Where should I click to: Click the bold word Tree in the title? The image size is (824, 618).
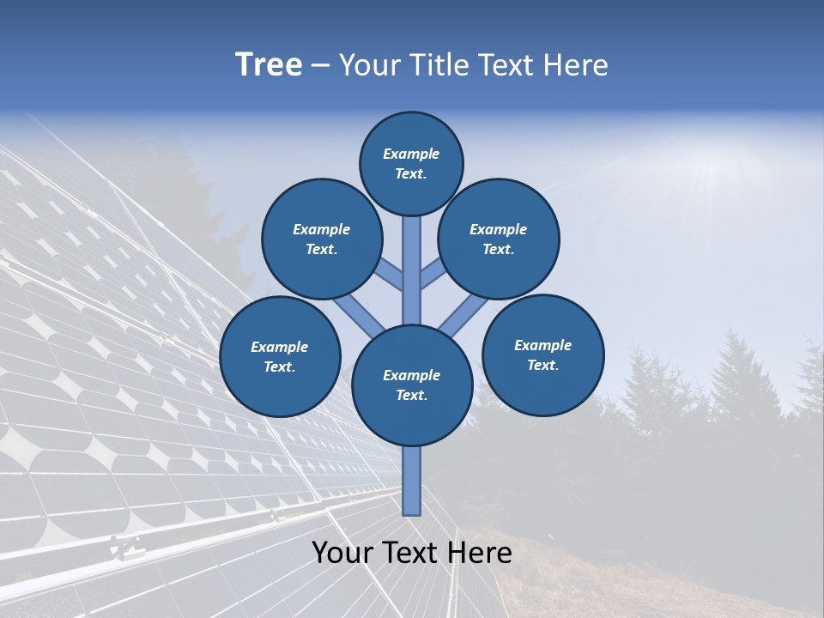[x=269, y=65]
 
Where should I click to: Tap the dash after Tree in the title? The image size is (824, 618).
[x=320, y=66]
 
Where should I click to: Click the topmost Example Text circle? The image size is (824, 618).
[x=411, y=163]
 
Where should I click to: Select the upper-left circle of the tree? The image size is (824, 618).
[x=322, y=239]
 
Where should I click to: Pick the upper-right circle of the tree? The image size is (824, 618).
[x=499, y=239]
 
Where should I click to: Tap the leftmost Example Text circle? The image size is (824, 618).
[x=280, y=356]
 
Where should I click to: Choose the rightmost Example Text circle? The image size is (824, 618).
[x=543, y=354]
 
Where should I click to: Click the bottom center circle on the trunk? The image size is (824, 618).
[x=412, y=385]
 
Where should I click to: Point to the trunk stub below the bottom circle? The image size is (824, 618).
[x=412, y=481]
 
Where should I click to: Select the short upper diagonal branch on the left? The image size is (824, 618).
[x=389, y=275]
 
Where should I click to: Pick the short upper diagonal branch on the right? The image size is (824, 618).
[x=434, y=273]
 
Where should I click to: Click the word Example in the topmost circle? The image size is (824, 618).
[x=411, y=154]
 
